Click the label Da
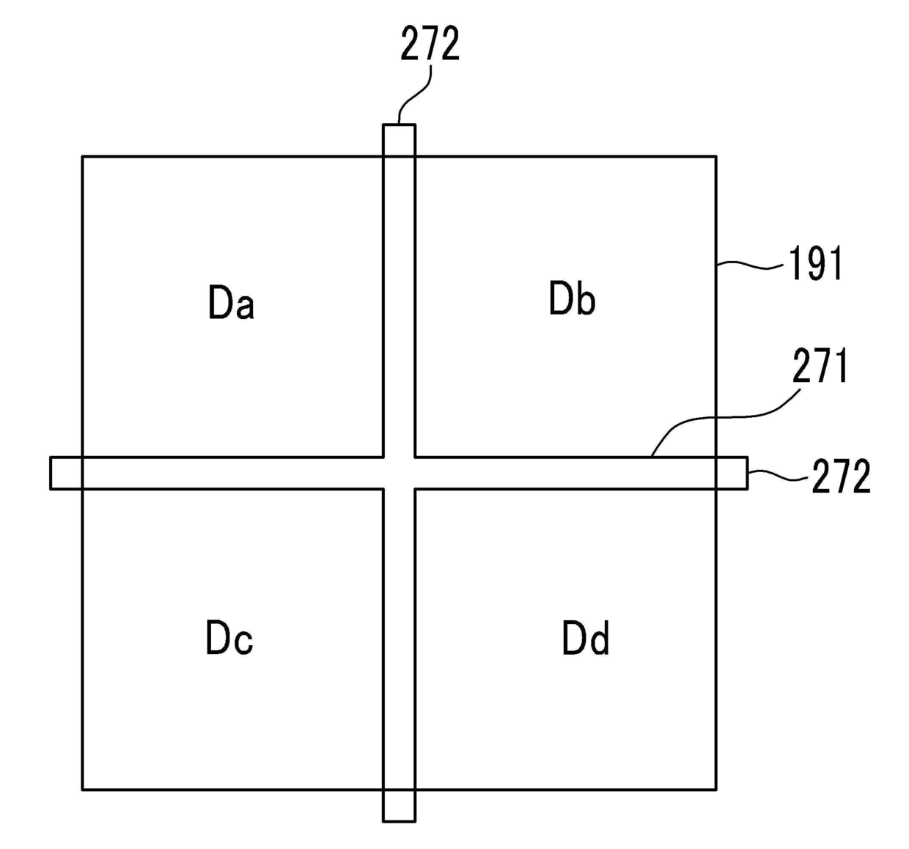point(231,303)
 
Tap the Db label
point(572,298)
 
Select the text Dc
point(229,638)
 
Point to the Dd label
point(586,638)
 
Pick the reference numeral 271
point(820,367)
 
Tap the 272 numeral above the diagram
point(430,45)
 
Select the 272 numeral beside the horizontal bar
point(840,477)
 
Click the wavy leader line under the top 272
point(415,94)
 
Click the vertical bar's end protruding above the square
point(399,139)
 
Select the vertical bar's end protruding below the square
point(399,806)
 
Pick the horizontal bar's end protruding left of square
point(66,473)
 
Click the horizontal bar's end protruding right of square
point(732,473)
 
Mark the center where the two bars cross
point(399,473)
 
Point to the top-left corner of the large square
point(82,156)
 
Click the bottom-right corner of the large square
point(715,790)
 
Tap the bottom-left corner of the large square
point(82,790)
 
